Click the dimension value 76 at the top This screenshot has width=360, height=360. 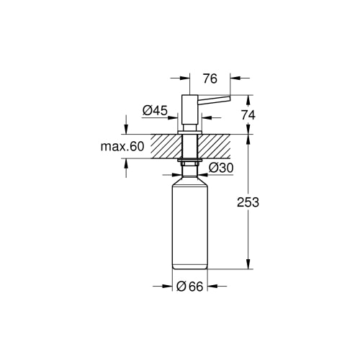tap(210, 78)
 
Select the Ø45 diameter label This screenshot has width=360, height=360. tap(155, 111)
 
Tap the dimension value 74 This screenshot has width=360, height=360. tap(248, 115)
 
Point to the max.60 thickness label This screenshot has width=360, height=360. tap(122, 146)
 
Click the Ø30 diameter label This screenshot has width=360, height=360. tap(221, 168)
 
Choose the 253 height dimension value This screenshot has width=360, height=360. tap(248, 202)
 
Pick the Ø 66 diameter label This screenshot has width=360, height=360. tap(190, 287)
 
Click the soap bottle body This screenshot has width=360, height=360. tap(190, 227)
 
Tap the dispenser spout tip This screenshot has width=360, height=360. tap(230, 98)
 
